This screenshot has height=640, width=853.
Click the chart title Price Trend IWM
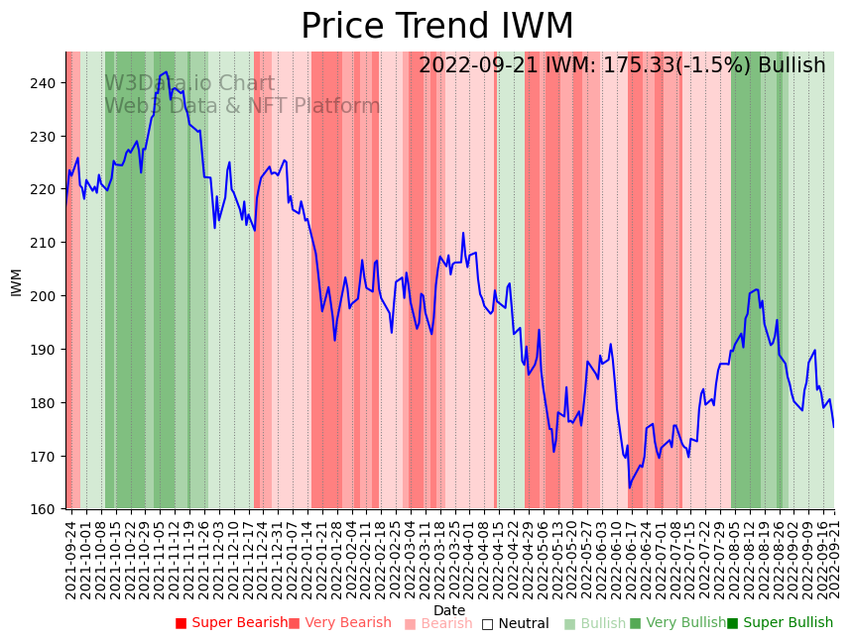point(436,27)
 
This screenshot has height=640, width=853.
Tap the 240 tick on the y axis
point(46,82)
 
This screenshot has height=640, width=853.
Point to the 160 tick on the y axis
point(46,510)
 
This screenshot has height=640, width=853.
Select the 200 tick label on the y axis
point(46,296)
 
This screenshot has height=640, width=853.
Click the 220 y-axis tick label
point(46,189)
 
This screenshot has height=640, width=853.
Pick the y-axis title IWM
point(16,281)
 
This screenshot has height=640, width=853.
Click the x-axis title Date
point(449,610)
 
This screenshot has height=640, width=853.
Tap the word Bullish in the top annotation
point(792,66)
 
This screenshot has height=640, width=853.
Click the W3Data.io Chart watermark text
point(189,83)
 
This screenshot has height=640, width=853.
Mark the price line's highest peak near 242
point(167,71)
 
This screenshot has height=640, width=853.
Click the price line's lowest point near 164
point(629,487)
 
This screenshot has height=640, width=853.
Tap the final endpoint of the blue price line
point(834,427)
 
